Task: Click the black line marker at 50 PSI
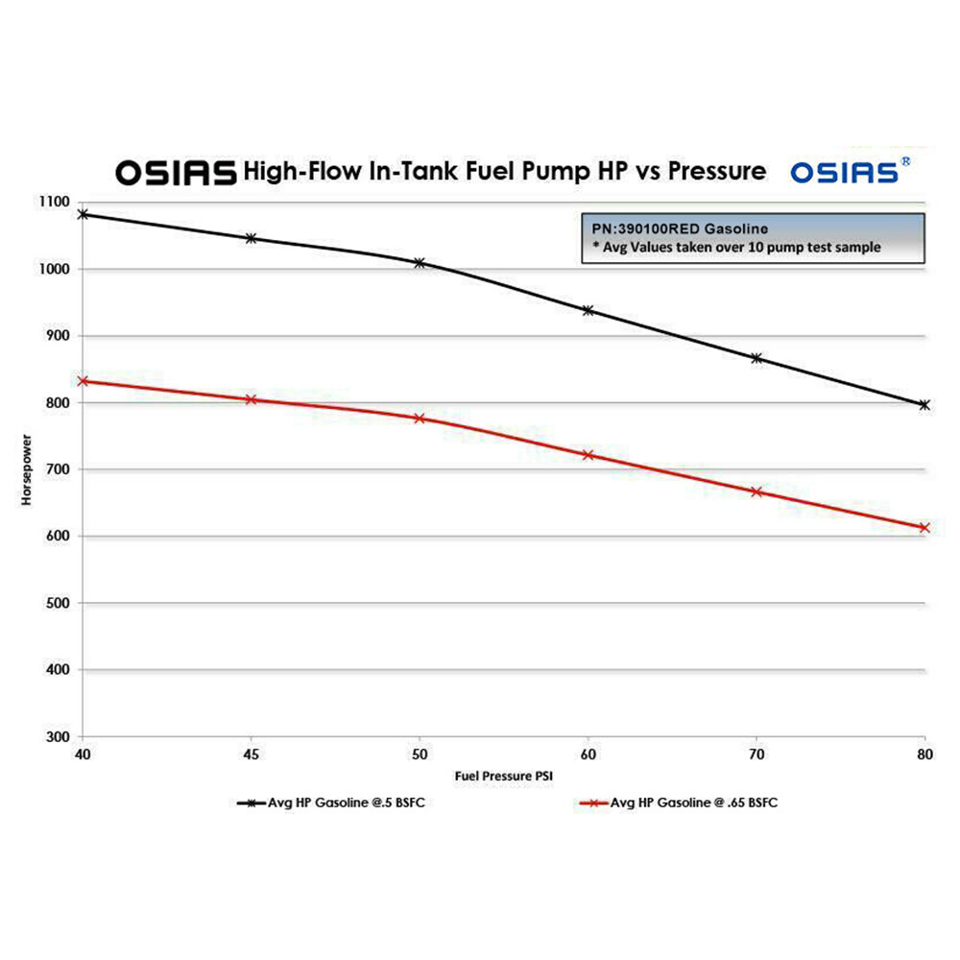coord(420,262)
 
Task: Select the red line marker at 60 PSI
coord(588,455)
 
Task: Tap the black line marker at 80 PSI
coord(924,405)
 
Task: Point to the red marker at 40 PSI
coord(84,381)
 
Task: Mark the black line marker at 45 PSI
coord(252,238)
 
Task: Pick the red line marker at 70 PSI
coord(756,492)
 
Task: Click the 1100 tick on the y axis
coord(55,203)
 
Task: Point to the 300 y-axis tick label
coord(57,736)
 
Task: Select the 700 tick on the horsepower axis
coord(57,469)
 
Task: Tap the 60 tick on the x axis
coord(588,755)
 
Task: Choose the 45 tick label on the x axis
coord(252,755)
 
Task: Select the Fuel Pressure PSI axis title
coord(505,773)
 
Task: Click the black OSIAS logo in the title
coord(176,172)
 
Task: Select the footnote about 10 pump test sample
coord(739,248)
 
